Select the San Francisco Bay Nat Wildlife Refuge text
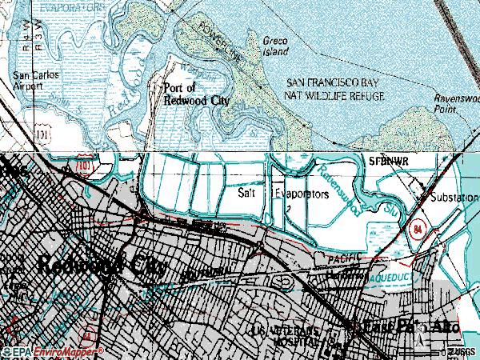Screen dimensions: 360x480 pos(336,90)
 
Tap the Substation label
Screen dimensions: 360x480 pos(450,196)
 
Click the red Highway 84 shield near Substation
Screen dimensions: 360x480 pos(418,229)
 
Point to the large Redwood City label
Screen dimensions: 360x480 pos(100,267)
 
